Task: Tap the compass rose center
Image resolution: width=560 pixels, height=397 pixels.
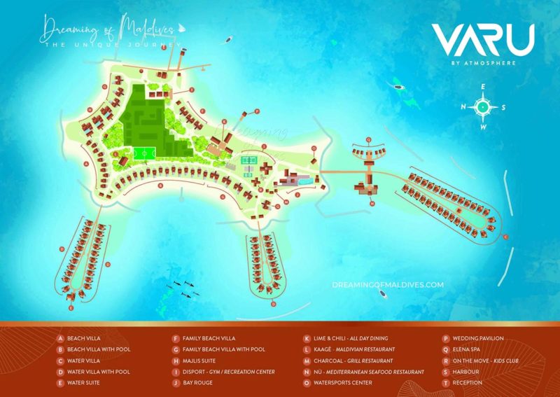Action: (x=482, y=107)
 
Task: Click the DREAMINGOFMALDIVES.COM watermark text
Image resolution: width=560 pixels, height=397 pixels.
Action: (x=388, y=285)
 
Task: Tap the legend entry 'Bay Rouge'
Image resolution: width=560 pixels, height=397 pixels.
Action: (x=197, y=383)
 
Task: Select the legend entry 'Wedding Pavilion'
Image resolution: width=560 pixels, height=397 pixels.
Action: (x=477, y=337)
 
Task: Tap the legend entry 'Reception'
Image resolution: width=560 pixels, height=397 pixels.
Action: (x=468, y=383)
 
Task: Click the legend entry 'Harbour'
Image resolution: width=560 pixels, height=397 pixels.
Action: (x=466, y=372)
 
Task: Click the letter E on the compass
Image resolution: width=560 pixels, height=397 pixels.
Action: (x=482, y=87)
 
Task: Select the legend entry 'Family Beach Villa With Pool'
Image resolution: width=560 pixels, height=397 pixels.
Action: (x=223, y=349)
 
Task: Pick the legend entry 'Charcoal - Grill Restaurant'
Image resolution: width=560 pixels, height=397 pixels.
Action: (x=354, y=361)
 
